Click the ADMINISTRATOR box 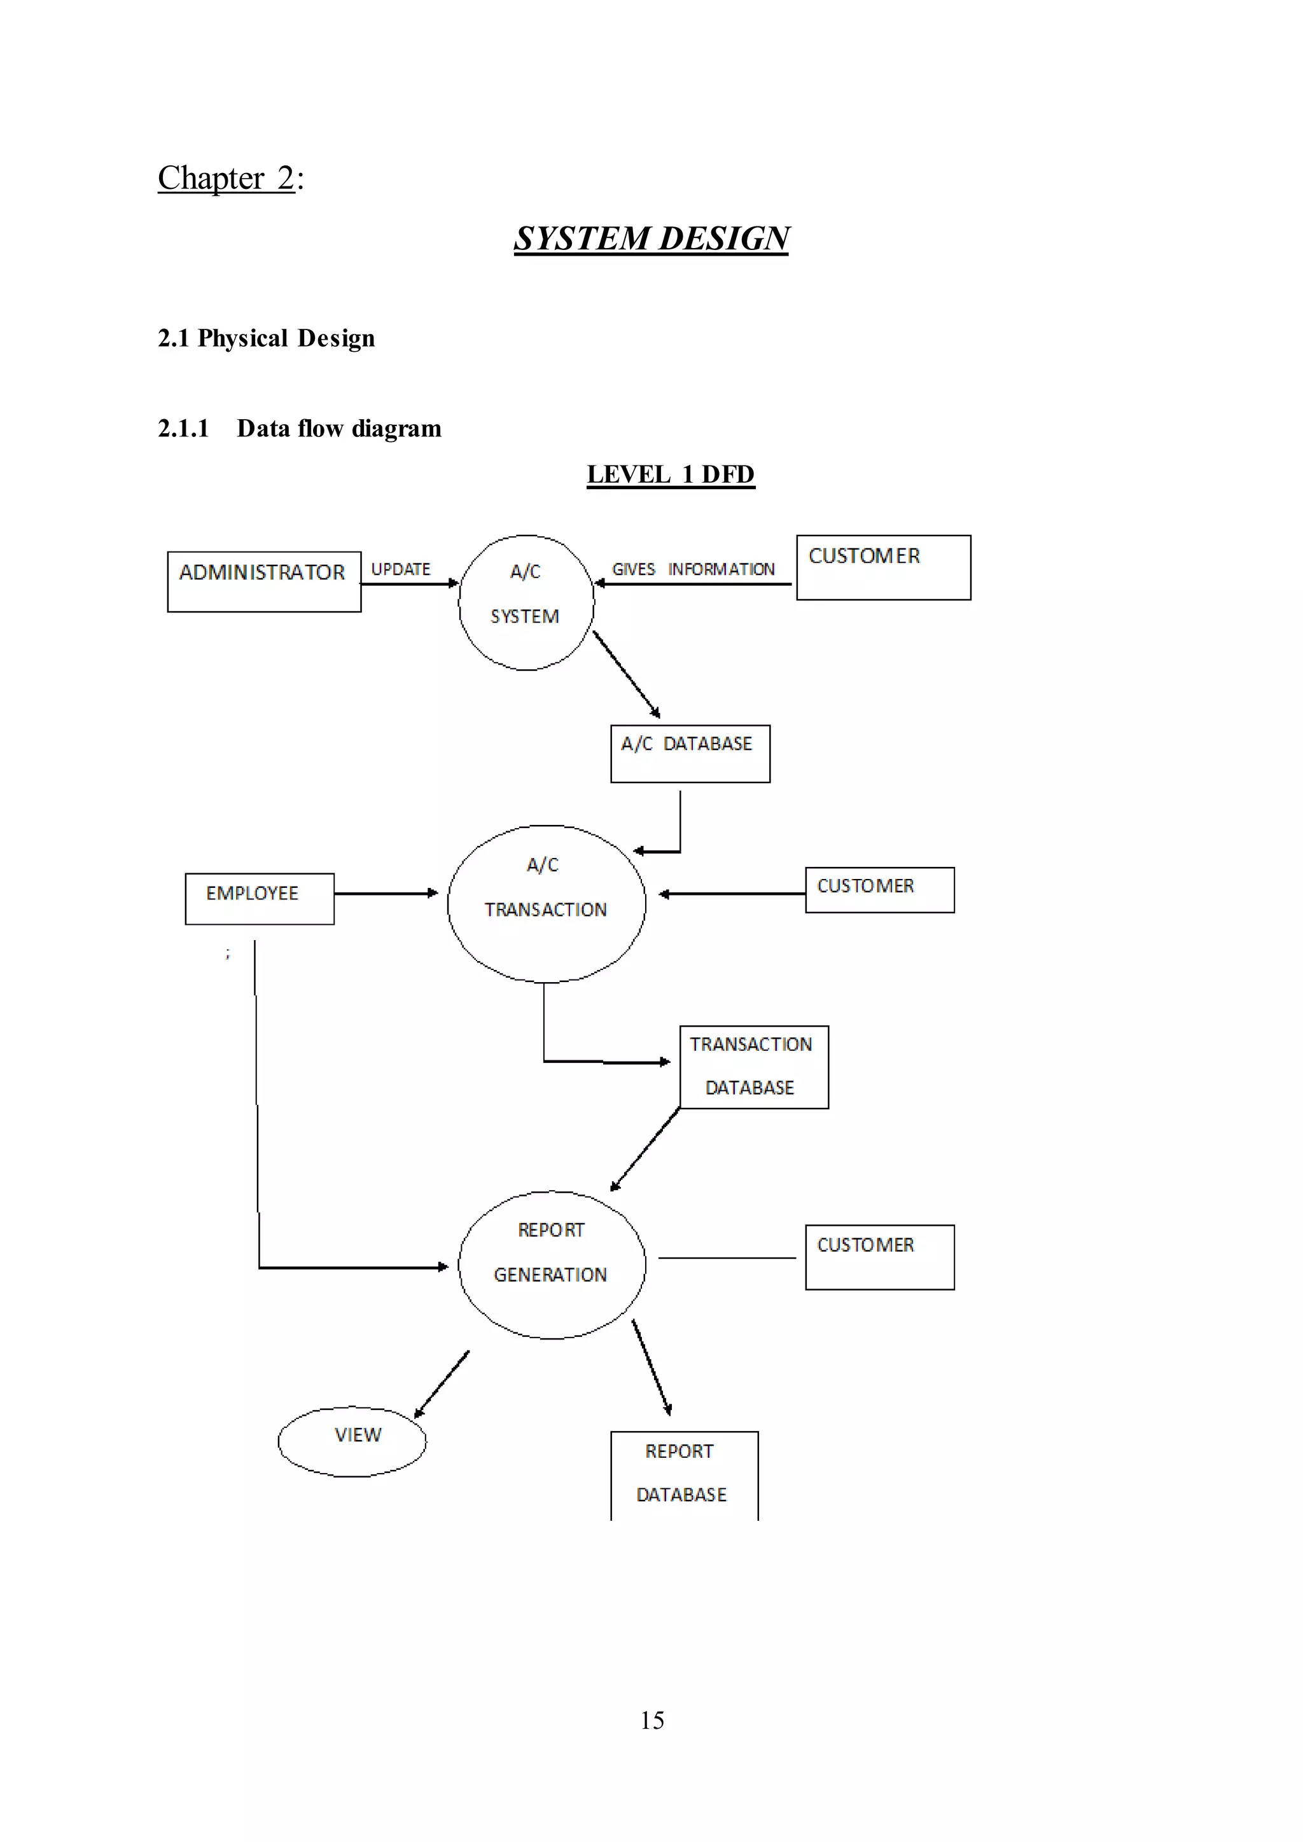pyautogui.click(x=264, y=581)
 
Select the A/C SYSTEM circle pyautogui.click(x=526, y=602)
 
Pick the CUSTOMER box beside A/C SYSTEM pyautogui.click(x=882, y=568)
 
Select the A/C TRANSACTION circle pyautogui.click(x=546, y=903)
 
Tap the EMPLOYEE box pyautogui.click(x=259, y=899)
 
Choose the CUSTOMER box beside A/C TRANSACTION pyautogui.click(x=879, y=890)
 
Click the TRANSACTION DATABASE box pyautogui.click(x=753, y=1067)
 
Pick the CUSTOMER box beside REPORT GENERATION pyautogui.click(x=879, y=1257)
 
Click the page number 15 pyautogui.click(x=651, y=1720)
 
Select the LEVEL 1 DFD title pyautogui.click(x=670, y=474)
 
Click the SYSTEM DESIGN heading pyautogui.click(x=651, y=239)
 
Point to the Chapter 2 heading pyautogui.click(x=230, y=178)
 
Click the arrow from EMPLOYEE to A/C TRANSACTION pyautogui.click(x=385, y=893)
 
